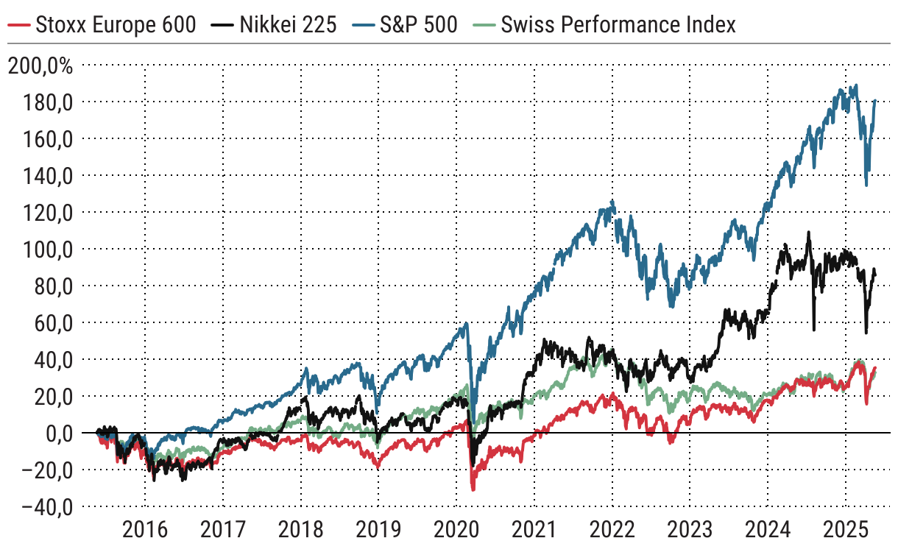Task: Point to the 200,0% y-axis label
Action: [x=41, y=67]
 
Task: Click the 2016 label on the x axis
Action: [x=145, y=531]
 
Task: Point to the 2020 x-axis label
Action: [x=456, y=531]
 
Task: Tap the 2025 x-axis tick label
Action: [x=846, y=531]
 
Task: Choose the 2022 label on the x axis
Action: [x=612, y=531]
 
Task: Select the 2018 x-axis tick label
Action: [x=301, y=531]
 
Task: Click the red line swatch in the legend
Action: [x=22, y=26]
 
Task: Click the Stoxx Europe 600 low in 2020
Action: [x=473, y=489]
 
